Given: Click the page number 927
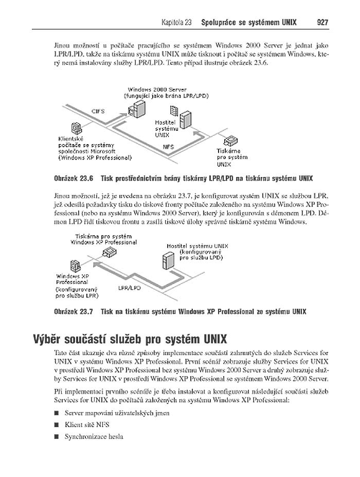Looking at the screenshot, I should (322, 23).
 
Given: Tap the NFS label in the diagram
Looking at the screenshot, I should (168, 146).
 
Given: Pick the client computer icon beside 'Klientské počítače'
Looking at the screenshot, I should (76, 128).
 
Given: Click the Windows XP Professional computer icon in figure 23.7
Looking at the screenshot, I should (75, 266).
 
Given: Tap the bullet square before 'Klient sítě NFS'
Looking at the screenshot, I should (55, 425).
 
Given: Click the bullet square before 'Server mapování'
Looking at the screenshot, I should (55, 413).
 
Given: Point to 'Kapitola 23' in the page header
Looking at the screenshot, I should (176, 23).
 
